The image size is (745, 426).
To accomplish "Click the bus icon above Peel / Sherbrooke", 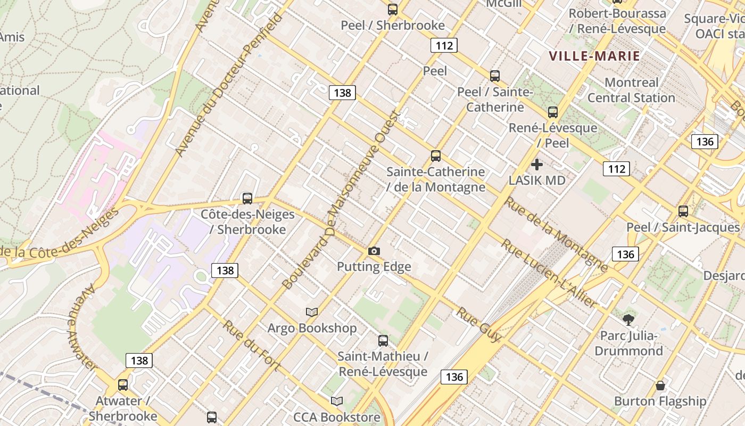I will tap(393, 9).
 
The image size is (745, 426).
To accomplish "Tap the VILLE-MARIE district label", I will tap(594, 56).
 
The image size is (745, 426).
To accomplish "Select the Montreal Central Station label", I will tap(631, 90).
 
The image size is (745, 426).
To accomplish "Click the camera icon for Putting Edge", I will tap(374, 251).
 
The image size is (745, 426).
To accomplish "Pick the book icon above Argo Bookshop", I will tap(312, 312).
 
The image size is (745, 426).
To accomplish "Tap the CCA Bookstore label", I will tap(337, 417).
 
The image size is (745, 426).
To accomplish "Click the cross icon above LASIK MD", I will tap(537, 165).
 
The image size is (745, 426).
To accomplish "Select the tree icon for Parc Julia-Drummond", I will tap(628, 319).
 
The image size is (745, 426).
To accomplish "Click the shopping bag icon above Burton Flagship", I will tap(660, 386).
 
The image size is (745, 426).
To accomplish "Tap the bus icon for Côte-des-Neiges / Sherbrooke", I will tap(247, 199).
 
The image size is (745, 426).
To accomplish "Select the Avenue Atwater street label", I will tap(81, 327).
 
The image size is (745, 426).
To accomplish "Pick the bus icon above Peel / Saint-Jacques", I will tap(683, 211).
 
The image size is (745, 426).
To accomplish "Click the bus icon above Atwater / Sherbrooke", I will tap(123, 385).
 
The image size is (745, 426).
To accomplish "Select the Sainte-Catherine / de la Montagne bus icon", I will tap(436, 156).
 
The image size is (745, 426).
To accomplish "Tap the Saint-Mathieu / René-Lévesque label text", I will tap(383, 364).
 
